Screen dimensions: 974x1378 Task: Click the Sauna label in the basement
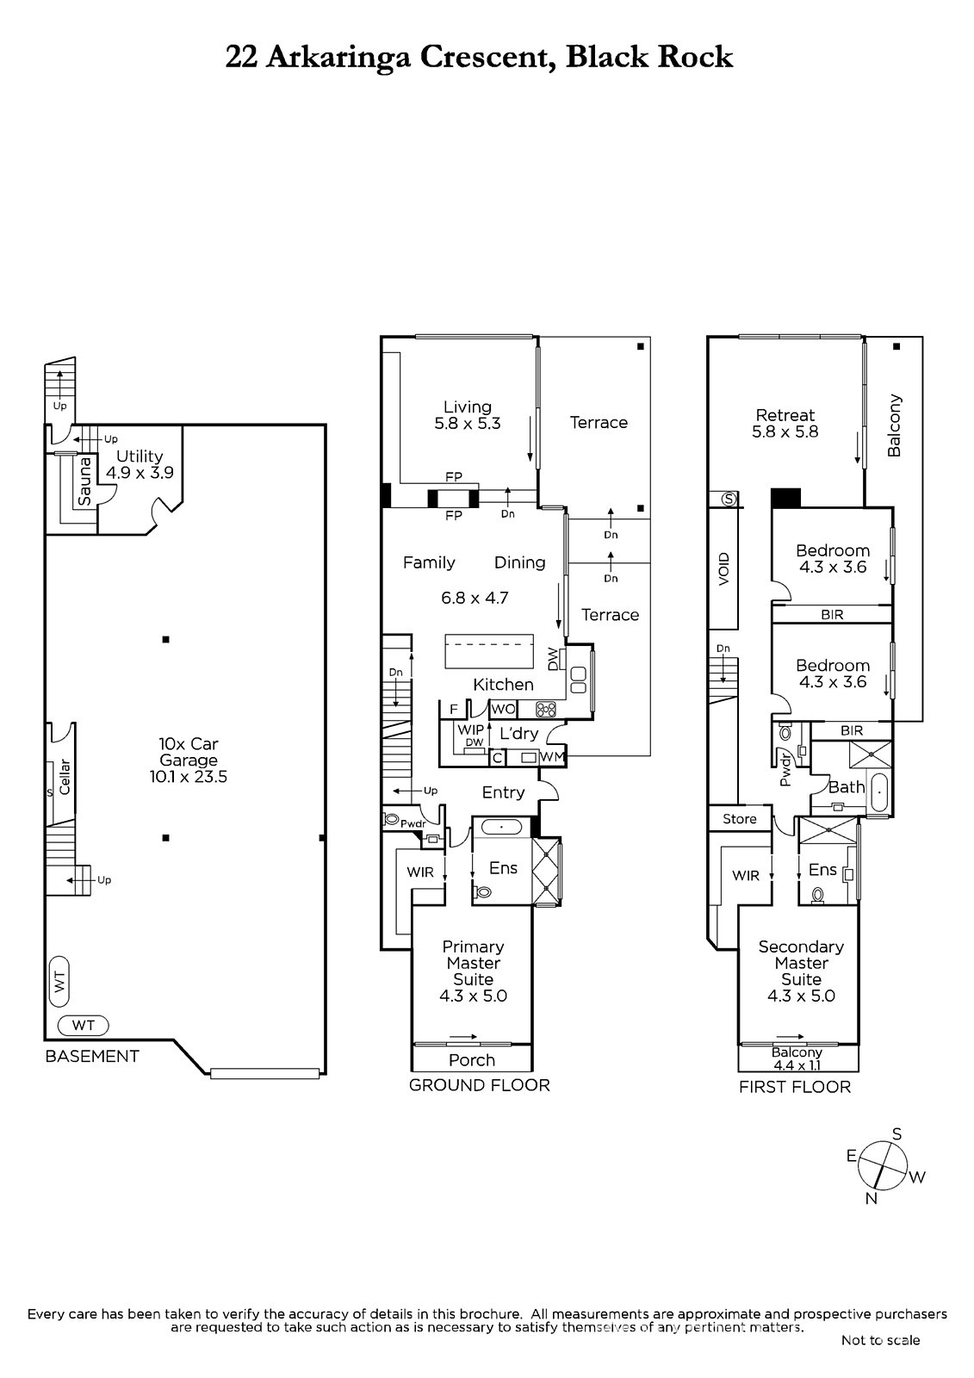point(84,482)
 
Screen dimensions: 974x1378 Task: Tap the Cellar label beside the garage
point(65,777)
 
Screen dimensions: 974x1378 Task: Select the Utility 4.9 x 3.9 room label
point(140,464)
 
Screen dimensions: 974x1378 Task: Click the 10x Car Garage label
point(189,760)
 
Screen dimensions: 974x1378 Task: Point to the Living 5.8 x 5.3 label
point(468,415)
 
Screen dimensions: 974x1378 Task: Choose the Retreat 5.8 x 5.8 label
point(785,423)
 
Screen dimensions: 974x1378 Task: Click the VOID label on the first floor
point(723,568)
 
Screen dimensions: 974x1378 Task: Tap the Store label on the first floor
point(740,819)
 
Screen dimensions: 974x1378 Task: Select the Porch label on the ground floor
point(472,1060)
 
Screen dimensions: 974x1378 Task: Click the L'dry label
point(518,733)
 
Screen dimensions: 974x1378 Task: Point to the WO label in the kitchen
point(503,709)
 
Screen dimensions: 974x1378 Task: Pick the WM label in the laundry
point(552,757)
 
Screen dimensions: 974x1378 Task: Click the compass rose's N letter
point(872,1198)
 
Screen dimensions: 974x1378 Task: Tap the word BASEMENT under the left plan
point(92,1056)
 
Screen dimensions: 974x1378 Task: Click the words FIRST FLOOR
point(795,1087)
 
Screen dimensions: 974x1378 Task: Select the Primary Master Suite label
point(473,972)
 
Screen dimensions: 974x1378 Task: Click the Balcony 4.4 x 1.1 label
point(797,1058)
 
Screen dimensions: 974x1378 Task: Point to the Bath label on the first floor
point(847,787)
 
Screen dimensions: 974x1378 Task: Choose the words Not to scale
point(880,1340)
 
